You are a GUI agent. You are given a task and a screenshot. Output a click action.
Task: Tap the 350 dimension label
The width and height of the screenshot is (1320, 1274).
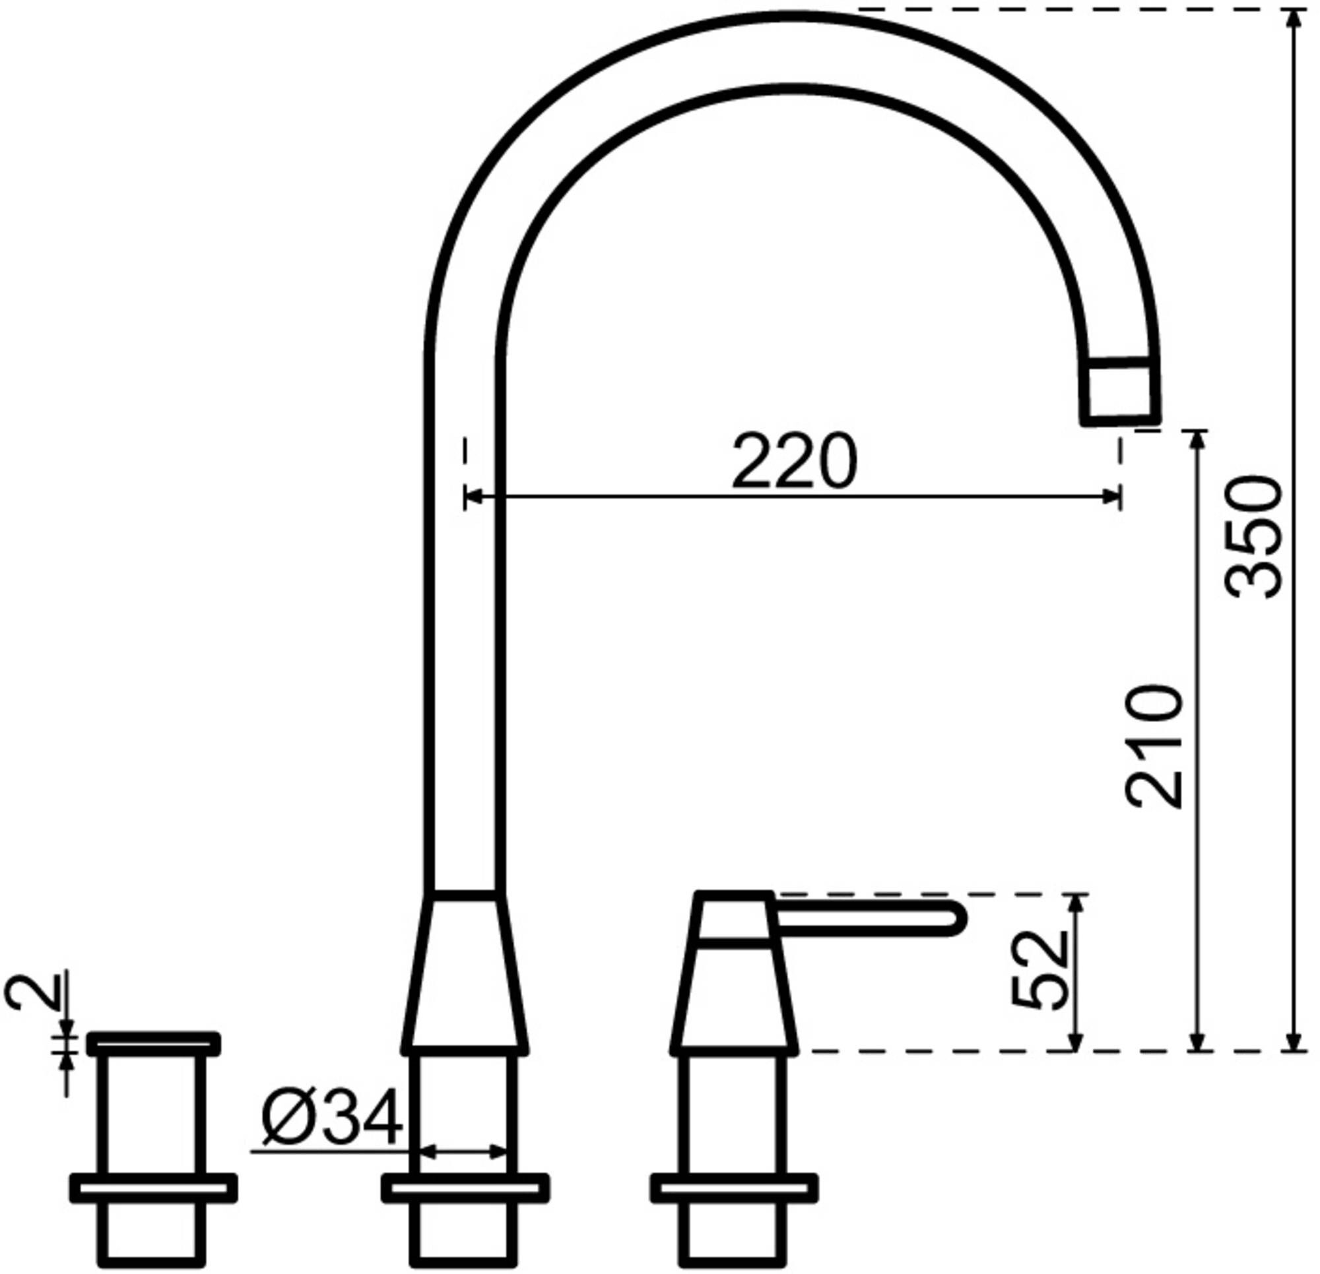(1254, 536)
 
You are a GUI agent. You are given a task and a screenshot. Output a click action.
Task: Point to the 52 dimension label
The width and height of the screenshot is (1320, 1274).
(1040, 970)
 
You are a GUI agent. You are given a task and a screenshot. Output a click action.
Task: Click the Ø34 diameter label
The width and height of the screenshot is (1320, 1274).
(332, 1118)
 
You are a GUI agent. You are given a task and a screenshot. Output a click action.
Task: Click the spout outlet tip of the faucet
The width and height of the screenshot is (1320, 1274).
(1120, 392)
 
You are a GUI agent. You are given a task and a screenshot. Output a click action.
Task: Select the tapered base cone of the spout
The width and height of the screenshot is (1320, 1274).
(464, 974)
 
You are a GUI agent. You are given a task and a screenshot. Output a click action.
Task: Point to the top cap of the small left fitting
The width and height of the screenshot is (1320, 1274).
(154, 1043)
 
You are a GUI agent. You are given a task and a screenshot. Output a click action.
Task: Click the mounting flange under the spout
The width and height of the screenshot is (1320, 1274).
(465, 1188)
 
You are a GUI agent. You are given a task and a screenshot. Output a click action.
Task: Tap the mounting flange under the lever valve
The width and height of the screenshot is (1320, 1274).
(734, 1188)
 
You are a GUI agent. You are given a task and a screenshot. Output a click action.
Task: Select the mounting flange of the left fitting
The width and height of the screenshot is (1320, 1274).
(154, 1188)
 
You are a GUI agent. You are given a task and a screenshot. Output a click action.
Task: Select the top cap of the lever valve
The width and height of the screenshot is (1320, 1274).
(733, 915)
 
